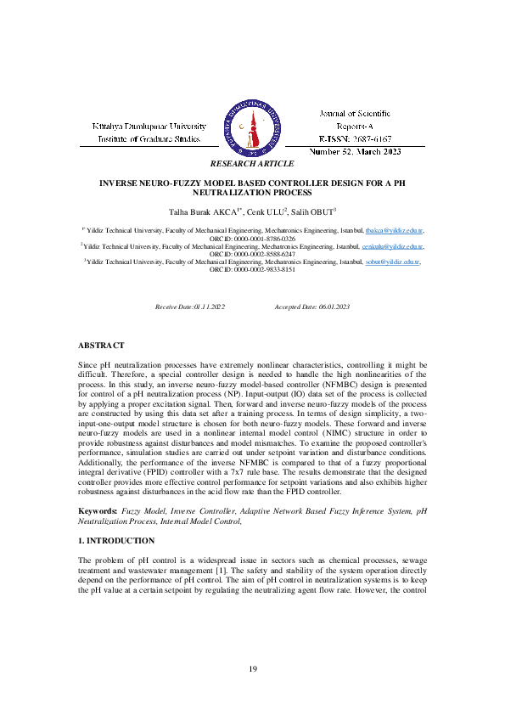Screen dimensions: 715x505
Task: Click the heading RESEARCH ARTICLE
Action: click(x=252, y=163)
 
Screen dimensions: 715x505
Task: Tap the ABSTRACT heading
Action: click(x=101, y=346)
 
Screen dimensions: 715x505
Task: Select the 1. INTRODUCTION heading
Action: click(x=116, y=540)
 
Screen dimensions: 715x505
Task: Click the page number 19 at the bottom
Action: click(x=252, y=671)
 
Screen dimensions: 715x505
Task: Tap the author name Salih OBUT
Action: click(x=311, y=211)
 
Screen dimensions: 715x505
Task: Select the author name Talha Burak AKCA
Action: click(x=198, y=211)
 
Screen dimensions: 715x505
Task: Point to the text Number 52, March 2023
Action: click(x=355, y=150)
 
